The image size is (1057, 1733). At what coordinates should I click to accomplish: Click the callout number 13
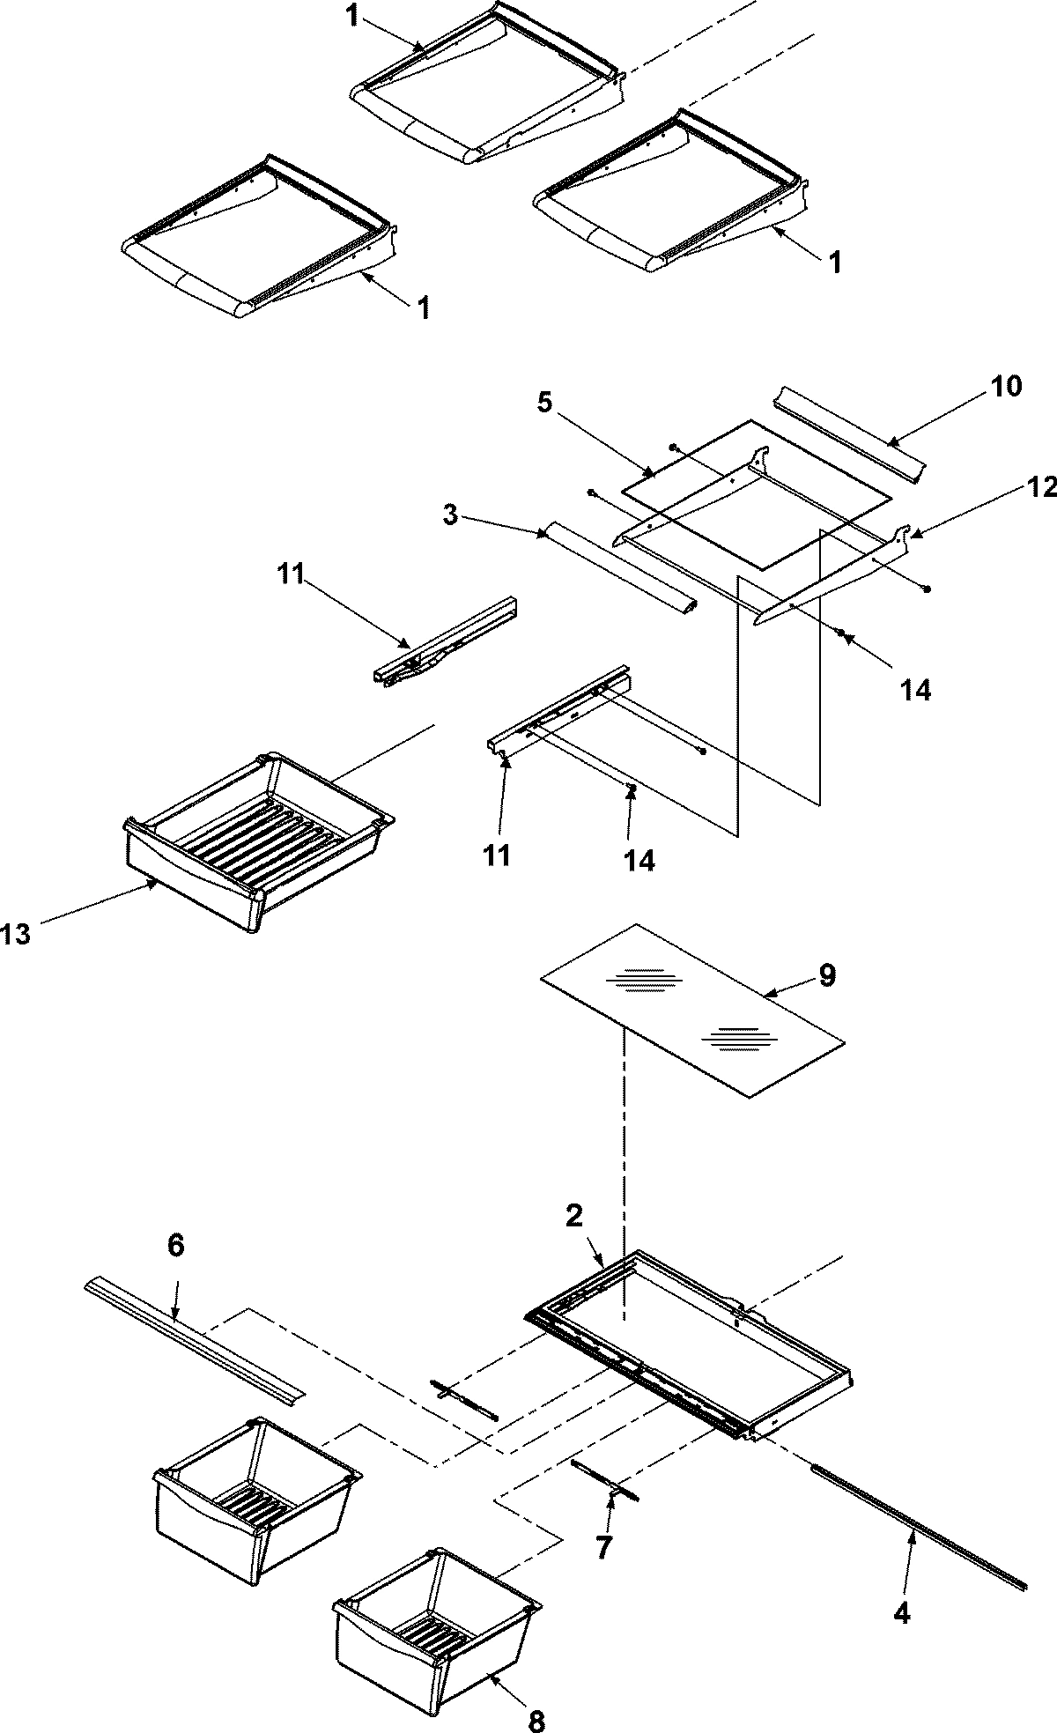click(16, 935)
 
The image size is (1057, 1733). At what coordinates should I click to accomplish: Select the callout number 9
click(827, 975)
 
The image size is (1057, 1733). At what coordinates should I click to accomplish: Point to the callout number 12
click(1042, 488)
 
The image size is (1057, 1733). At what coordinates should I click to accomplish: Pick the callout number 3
click(450, 515)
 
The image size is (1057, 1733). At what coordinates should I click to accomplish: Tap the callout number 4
click(901, 1613)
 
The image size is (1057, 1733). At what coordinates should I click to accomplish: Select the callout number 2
click(573, 1217)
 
